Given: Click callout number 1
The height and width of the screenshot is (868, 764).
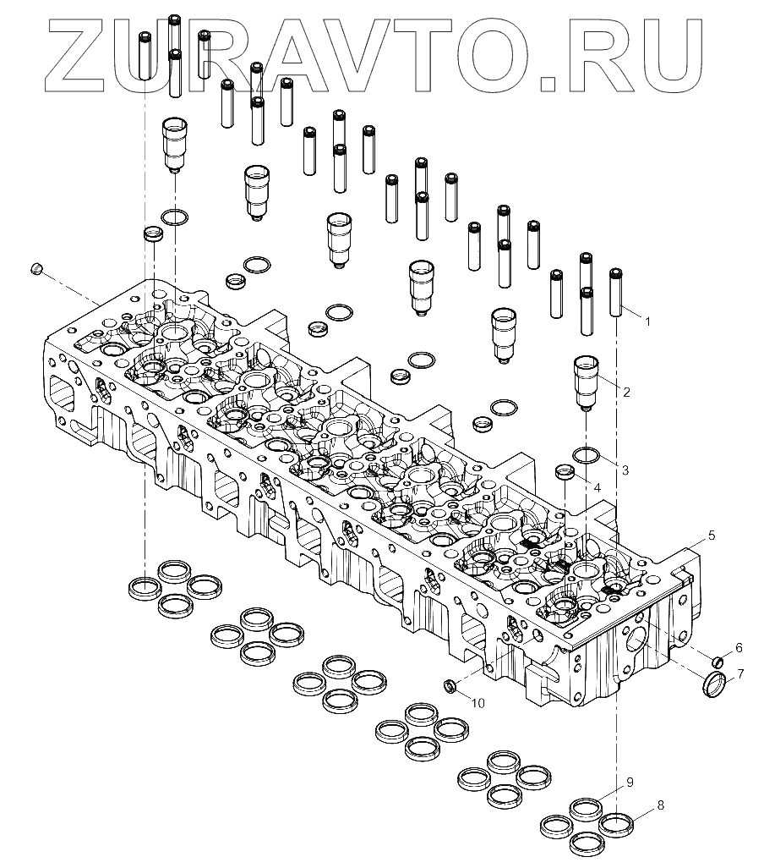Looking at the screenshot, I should (x=647, y=321).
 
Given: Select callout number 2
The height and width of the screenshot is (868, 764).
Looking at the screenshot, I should (x=626, y=392).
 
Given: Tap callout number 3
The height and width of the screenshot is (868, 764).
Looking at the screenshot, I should (x=625, y=469).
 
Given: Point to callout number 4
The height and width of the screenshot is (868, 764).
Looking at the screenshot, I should (x=597, y=488).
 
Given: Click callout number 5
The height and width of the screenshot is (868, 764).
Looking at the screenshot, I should (x=711, y=535).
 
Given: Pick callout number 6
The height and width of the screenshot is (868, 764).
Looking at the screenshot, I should (x=738, y=648).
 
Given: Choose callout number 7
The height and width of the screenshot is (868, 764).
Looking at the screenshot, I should (x=740, y=674).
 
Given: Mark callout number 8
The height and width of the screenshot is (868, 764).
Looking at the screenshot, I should (x=660, y=805).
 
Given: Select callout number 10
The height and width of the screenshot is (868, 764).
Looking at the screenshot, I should (x=477, y=703).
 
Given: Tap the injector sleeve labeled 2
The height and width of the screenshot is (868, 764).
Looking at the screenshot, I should (x=587, y=382).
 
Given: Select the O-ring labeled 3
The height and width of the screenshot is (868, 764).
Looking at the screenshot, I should (x=587, y=457).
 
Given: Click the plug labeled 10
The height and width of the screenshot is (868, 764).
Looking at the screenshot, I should (x=451, y=684).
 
